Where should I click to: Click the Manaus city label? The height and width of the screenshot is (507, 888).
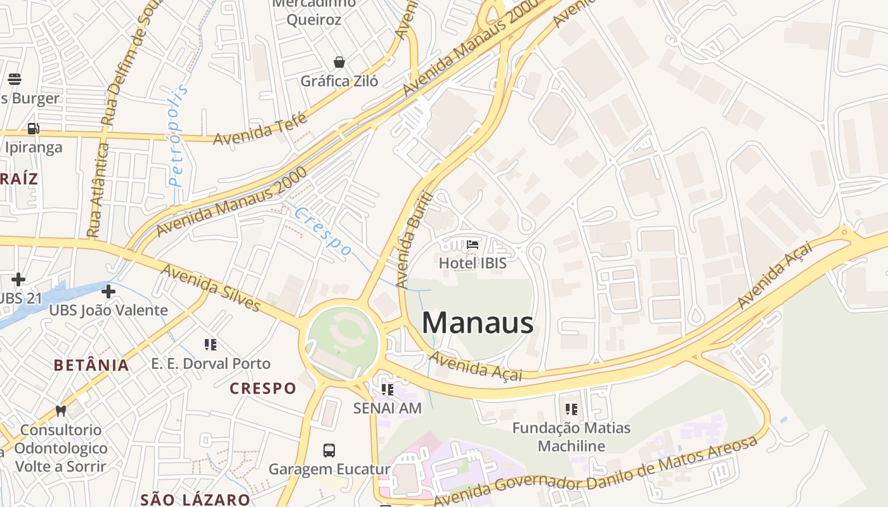[x=477, y=323]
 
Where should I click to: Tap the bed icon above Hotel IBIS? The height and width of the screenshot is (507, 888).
[x=473, y=245]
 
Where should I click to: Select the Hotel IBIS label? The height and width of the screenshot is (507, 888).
[x=473, y=262]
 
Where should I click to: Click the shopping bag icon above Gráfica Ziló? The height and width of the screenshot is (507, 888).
[x=339, y=62]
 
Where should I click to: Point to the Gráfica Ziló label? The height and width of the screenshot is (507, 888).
[x=339, y=81]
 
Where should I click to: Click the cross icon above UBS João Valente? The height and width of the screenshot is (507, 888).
[x=108, y=292]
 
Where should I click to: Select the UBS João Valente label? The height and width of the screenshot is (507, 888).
[x=108, y=310]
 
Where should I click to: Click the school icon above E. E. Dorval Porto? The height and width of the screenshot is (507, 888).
[x=211, y=345]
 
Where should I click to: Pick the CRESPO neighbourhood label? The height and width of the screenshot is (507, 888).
[x=263, y=388]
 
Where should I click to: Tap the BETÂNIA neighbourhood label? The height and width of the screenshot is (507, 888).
[x=91, y=365]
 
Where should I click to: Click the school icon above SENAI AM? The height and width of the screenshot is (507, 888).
[x=387, y=390]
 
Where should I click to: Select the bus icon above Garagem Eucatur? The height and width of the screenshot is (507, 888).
[x=329, y=451]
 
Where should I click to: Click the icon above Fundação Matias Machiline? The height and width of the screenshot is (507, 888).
[x=571, y=409]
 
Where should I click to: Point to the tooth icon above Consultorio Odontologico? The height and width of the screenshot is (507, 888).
[x=61, y=411]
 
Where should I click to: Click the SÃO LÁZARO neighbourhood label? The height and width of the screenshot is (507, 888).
[x=195, y=499]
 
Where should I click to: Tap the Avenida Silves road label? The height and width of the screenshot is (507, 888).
[x=211, y=288]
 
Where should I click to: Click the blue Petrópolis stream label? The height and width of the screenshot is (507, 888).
[x=179, y=136]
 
